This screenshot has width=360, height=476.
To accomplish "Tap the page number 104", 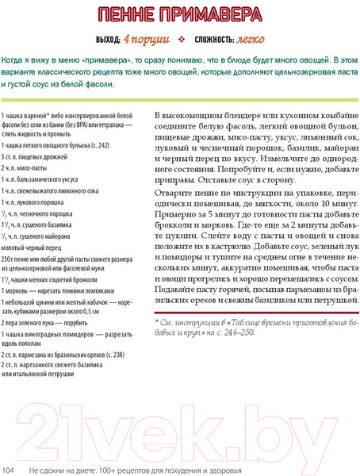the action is tap(10, 470).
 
